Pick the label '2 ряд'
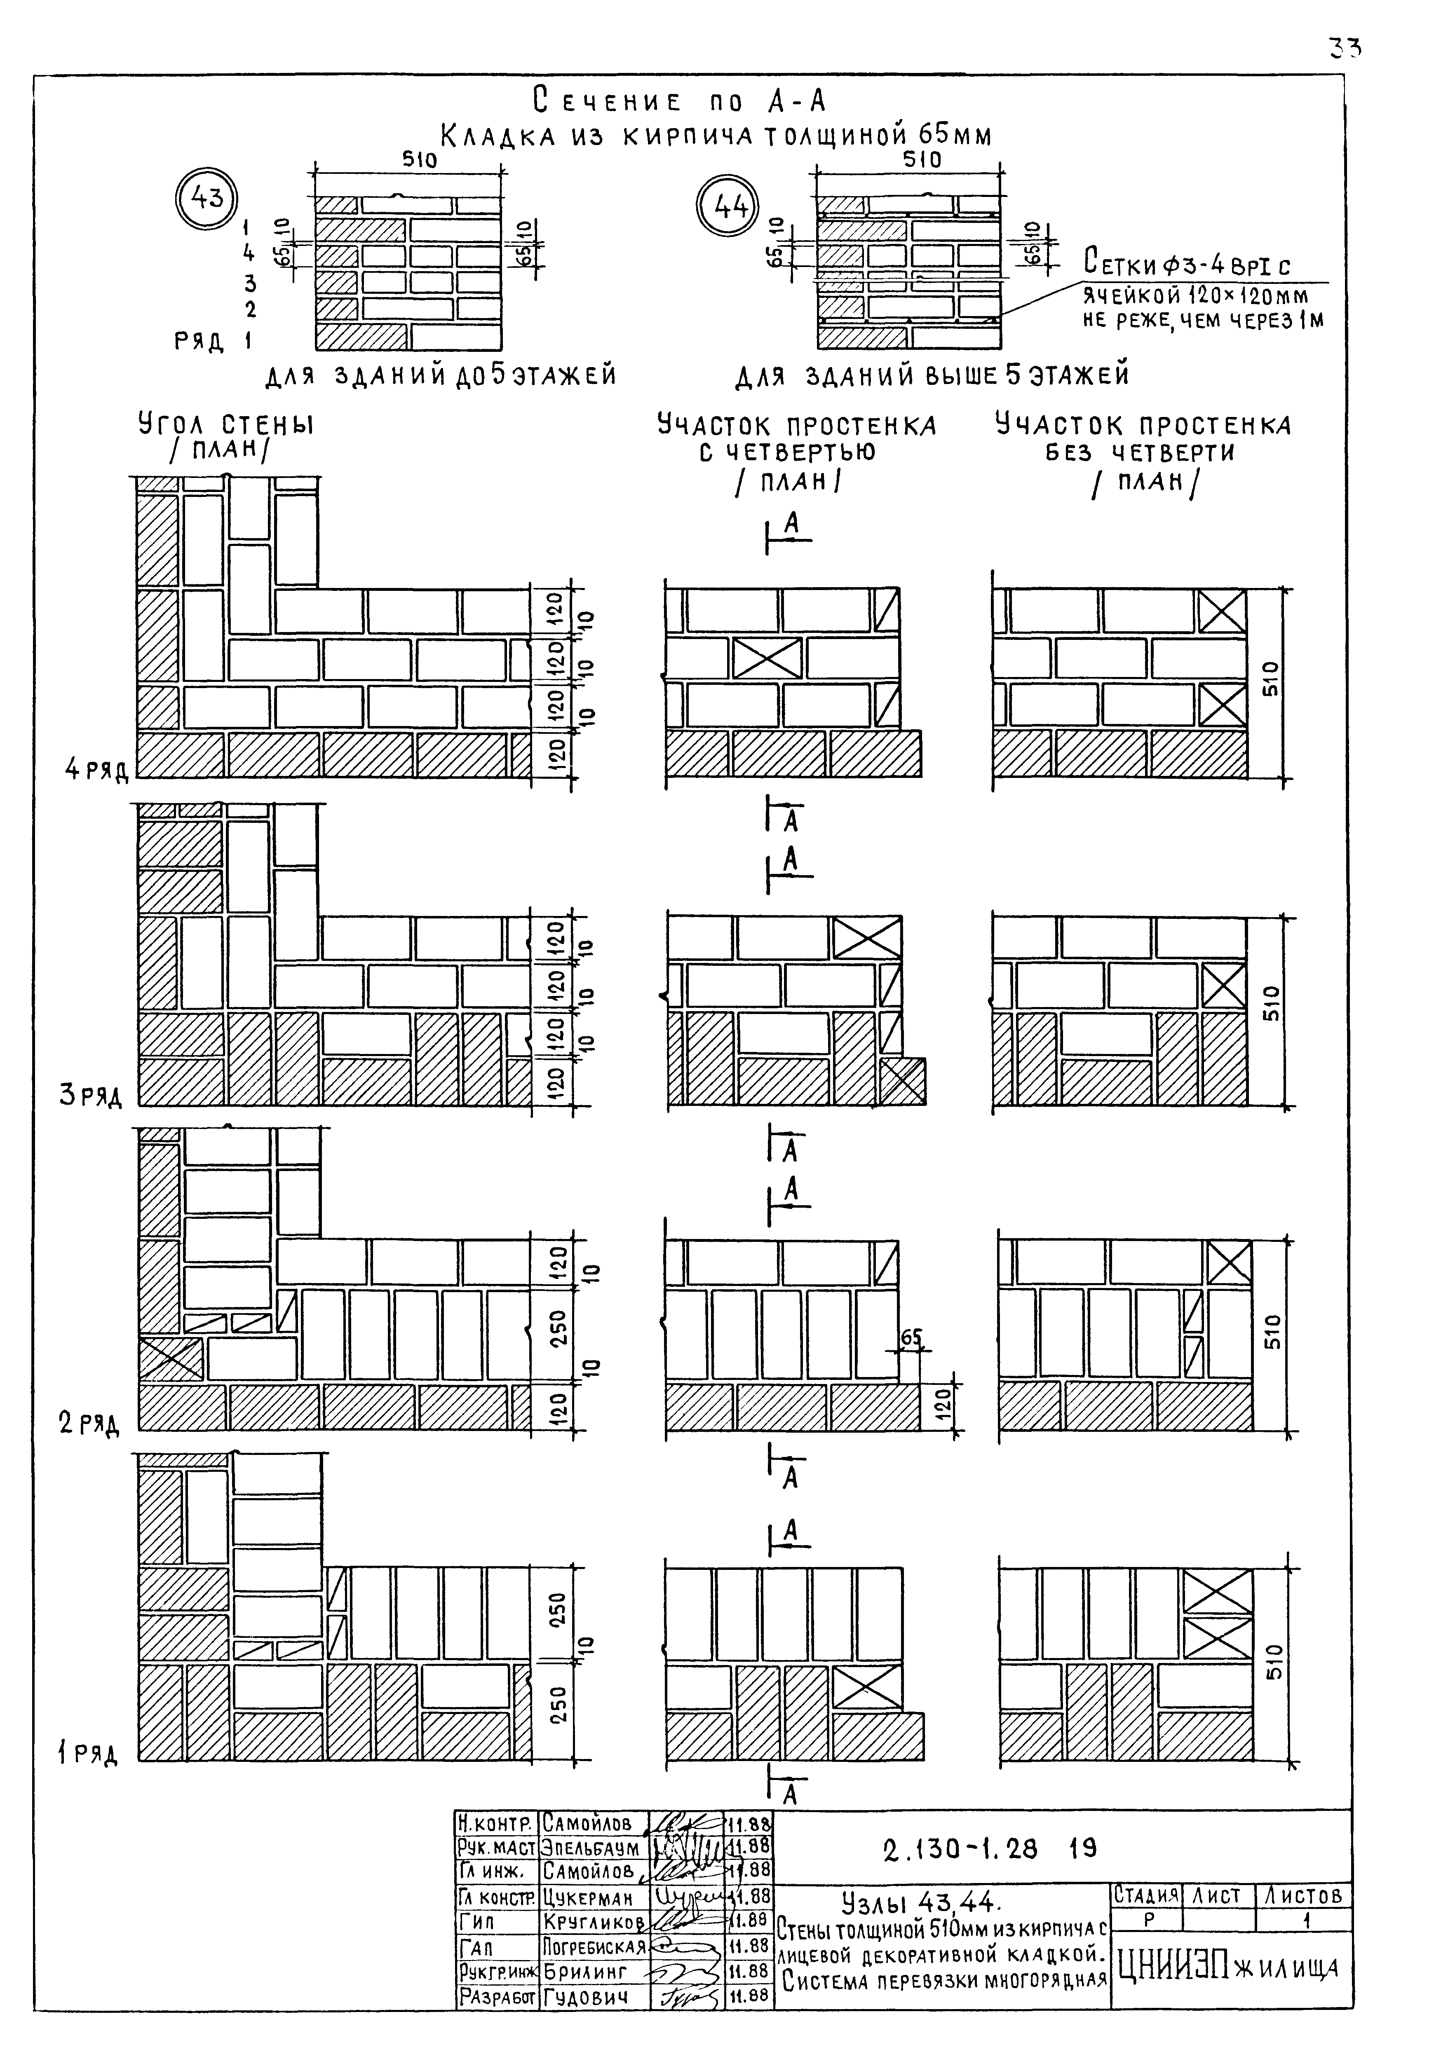[89, 1424]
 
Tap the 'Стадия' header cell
[1146, 1895]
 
